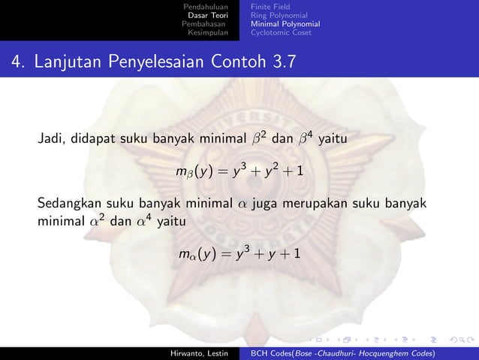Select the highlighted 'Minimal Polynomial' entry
coord(285,23)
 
